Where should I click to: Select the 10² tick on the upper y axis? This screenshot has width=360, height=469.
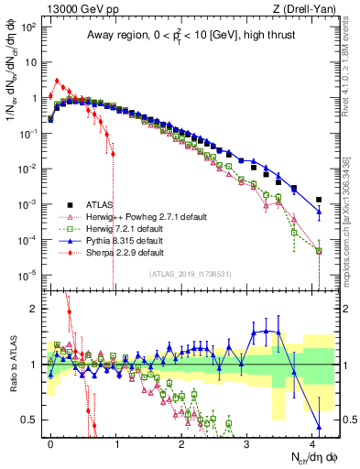(27, 27)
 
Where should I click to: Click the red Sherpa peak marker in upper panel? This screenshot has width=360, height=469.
(57, 81)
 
